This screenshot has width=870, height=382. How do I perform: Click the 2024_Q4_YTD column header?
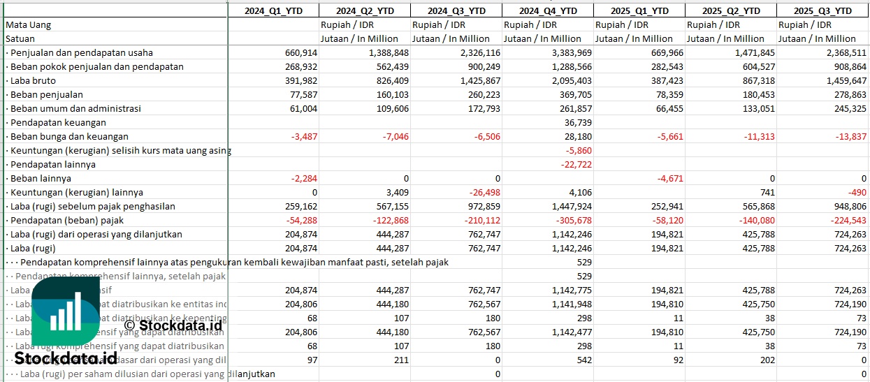click(548, 10)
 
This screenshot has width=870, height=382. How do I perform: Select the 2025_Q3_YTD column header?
click(823, 10)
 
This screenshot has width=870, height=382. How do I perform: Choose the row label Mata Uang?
click(29, 24)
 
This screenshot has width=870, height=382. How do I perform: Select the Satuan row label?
click(21, 38)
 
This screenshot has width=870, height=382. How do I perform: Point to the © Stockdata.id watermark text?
click(173, 325)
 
